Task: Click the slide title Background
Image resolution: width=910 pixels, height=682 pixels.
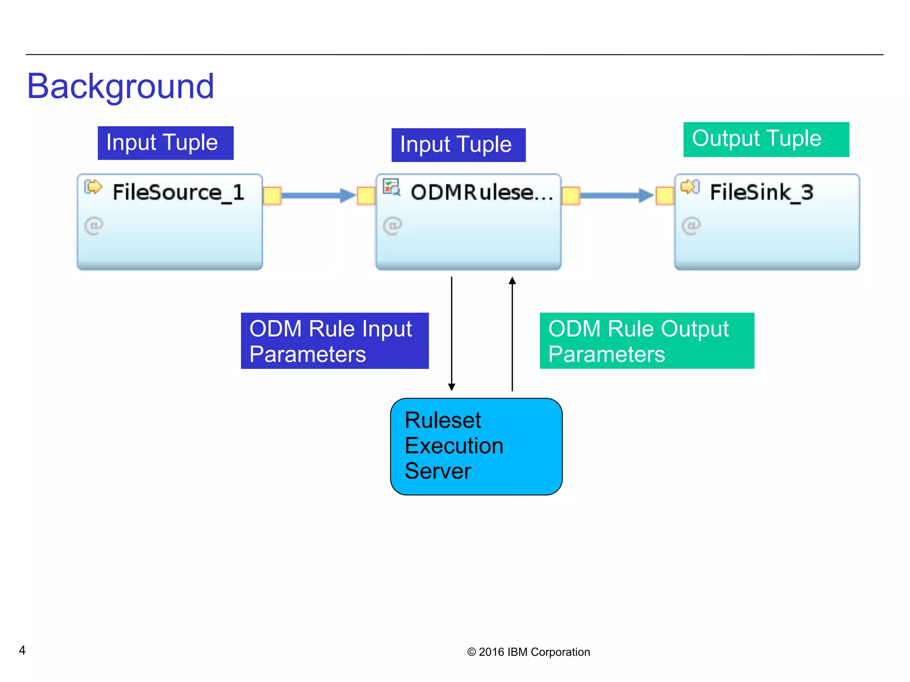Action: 120,86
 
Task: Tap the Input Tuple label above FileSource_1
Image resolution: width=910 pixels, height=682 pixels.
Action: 165,143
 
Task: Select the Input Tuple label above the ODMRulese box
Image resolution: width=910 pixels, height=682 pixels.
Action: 458,145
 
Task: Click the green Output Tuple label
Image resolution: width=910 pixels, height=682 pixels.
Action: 766,139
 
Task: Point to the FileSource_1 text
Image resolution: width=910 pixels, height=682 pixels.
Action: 178,192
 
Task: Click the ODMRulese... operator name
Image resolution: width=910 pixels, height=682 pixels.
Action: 482,192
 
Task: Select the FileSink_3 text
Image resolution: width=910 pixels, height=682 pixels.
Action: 761,192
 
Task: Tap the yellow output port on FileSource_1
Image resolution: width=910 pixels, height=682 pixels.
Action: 272,195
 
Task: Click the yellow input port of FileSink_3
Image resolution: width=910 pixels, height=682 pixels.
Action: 665,196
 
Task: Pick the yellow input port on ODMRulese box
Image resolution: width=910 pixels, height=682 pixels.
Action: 366,196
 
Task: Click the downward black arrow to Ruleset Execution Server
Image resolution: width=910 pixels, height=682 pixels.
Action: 451,333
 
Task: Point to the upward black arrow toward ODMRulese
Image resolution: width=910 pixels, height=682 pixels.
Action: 512,333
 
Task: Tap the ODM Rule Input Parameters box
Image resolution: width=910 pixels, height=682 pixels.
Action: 335,341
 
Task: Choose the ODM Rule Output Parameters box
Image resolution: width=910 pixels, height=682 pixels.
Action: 647,341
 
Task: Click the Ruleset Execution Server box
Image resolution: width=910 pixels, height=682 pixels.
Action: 476,446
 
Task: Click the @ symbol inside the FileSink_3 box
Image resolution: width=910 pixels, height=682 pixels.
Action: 691,226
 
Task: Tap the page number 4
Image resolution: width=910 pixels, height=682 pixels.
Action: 22,650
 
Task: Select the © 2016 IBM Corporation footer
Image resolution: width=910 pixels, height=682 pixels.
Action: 528,652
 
